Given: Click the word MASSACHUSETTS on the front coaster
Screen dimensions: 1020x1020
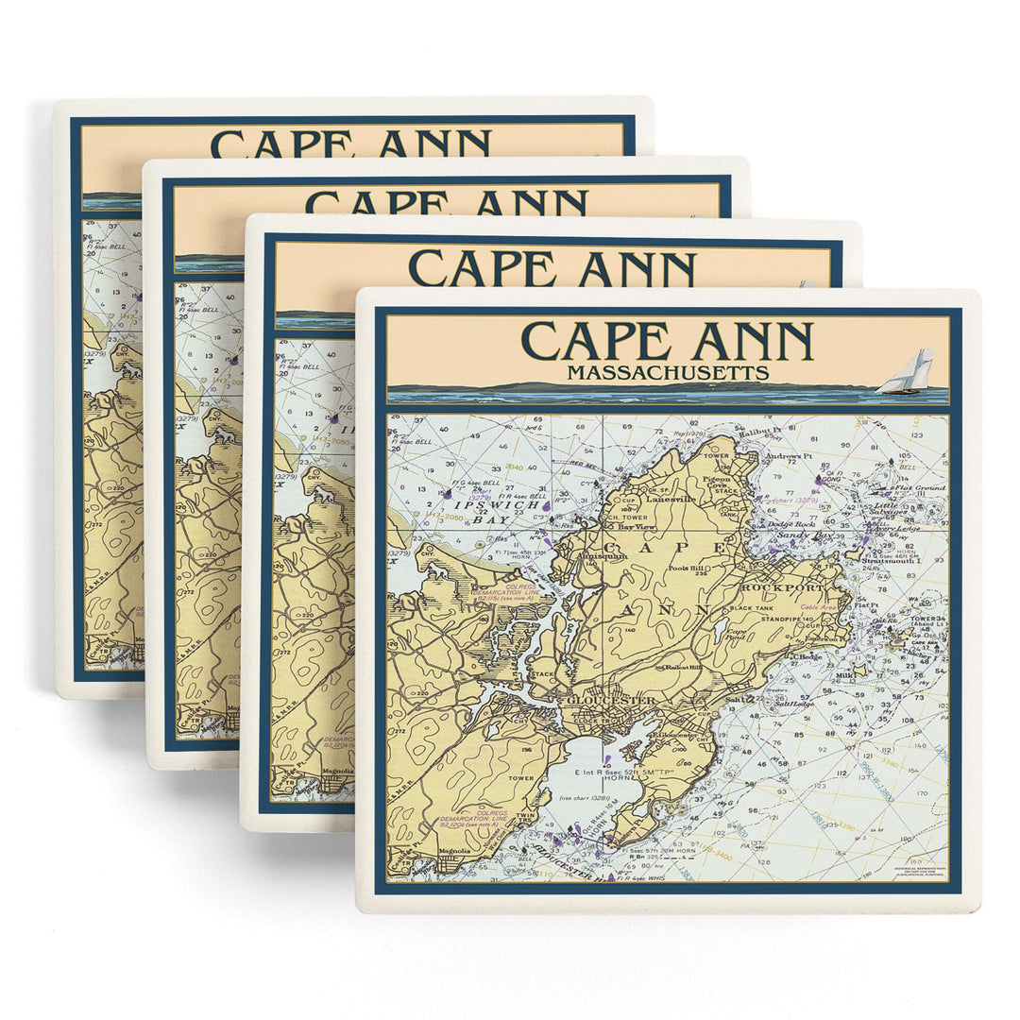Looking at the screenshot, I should point(667,373).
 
